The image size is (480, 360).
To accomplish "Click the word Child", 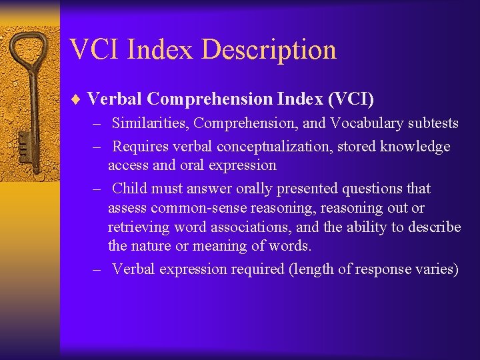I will point(129,189).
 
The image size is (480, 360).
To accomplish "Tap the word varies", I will point(437,269).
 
